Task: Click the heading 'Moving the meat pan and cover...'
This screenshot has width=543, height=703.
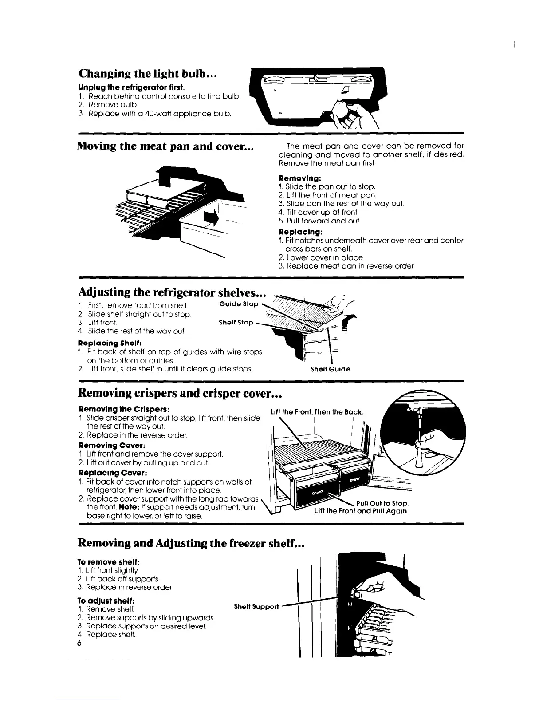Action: (x=165, y=146)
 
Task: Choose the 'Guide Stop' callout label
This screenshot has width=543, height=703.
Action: (x=239, y=304)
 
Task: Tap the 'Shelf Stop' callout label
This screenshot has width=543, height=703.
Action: (x=236, y=323)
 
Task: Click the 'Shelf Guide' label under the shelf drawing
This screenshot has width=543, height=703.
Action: (x=330, y=369)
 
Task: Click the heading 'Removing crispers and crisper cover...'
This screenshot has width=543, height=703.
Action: (x=180, y=393)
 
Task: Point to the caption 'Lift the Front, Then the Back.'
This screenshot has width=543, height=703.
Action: (x=317, y=412)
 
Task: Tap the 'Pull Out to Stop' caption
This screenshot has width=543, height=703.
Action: (x=382, y=503)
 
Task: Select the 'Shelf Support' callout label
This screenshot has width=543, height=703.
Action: (x=256, y=606)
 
